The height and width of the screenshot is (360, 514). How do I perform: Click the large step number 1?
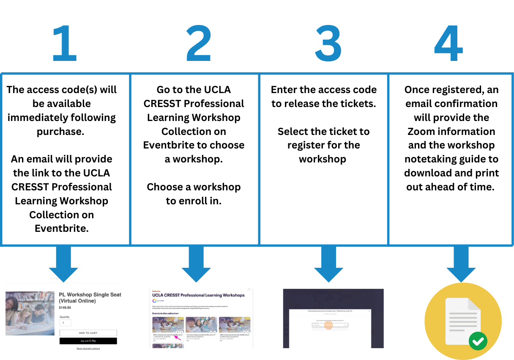coord(65,44)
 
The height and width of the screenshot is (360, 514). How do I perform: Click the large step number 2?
coord(198,44)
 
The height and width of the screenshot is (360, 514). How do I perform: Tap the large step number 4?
coord(448,44)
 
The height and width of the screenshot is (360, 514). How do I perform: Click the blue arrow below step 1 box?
coord(63,266)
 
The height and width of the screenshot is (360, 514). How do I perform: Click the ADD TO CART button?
coord(88,333)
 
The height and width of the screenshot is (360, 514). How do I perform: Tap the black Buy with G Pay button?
coord(88,341)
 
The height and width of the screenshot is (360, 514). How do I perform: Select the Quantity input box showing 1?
coord(65,323)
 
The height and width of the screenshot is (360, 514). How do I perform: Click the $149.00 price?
coord(65,308)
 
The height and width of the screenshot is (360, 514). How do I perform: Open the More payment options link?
coord(88,349)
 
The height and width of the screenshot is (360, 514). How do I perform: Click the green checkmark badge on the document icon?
coord(478,341)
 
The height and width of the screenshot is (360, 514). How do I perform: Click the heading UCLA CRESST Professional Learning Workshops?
coord(198,295)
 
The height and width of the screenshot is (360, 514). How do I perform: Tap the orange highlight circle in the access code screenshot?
coord(328,325)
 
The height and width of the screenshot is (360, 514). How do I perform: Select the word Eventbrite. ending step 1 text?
coord(62,228)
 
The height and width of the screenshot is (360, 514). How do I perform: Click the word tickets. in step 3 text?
coord(358,104)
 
